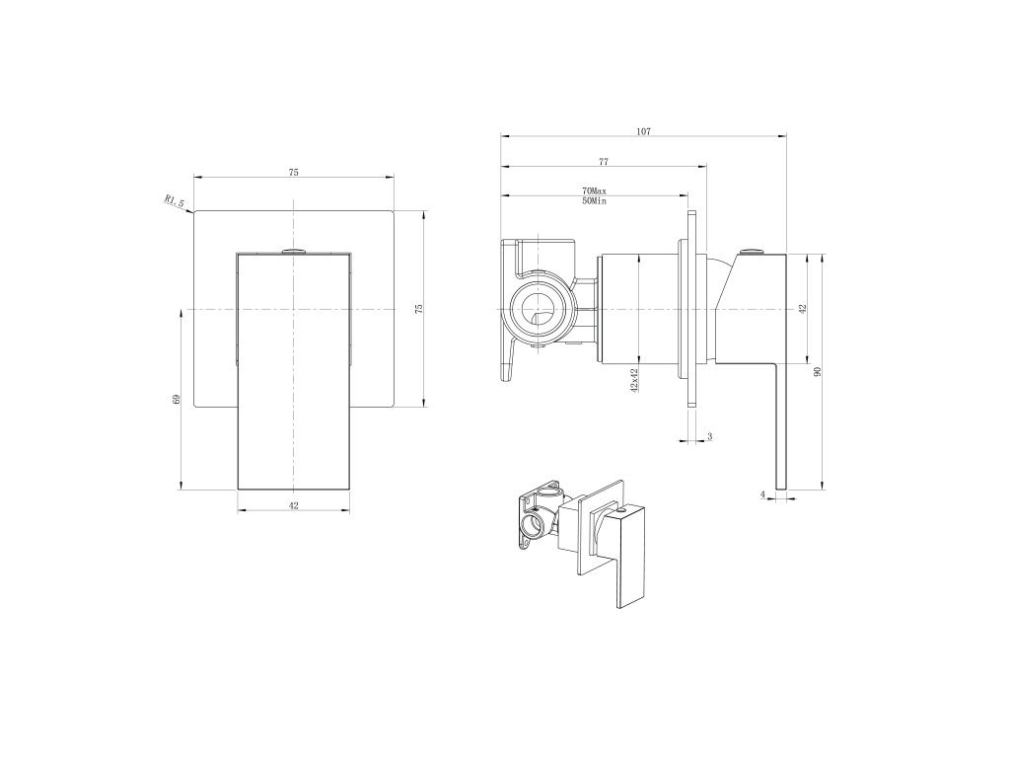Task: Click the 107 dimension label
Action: [x=643, y=131]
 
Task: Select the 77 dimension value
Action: [x=604, y=162]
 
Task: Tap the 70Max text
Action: [x=595, y=191]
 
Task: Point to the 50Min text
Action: [x=595, y=201]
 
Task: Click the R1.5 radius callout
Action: [x=175, y=201]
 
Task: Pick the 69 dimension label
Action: [x=177, y=400]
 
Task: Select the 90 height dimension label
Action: [x=818, y=372]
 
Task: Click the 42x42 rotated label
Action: [x=634, y=380]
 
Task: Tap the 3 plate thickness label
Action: [x=710, y=436]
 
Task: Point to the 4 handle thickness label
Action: [x=763, y=494]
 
